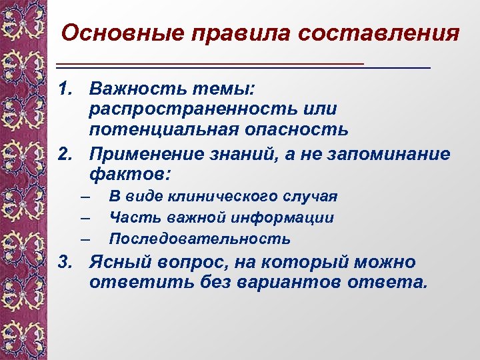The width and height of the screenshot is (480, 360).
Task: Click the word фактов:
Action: pyautogui.click(x=129, y=175)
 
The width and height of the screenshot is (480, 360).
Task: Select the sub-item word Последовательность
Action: pyautogui.click(x=200, y=238)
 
